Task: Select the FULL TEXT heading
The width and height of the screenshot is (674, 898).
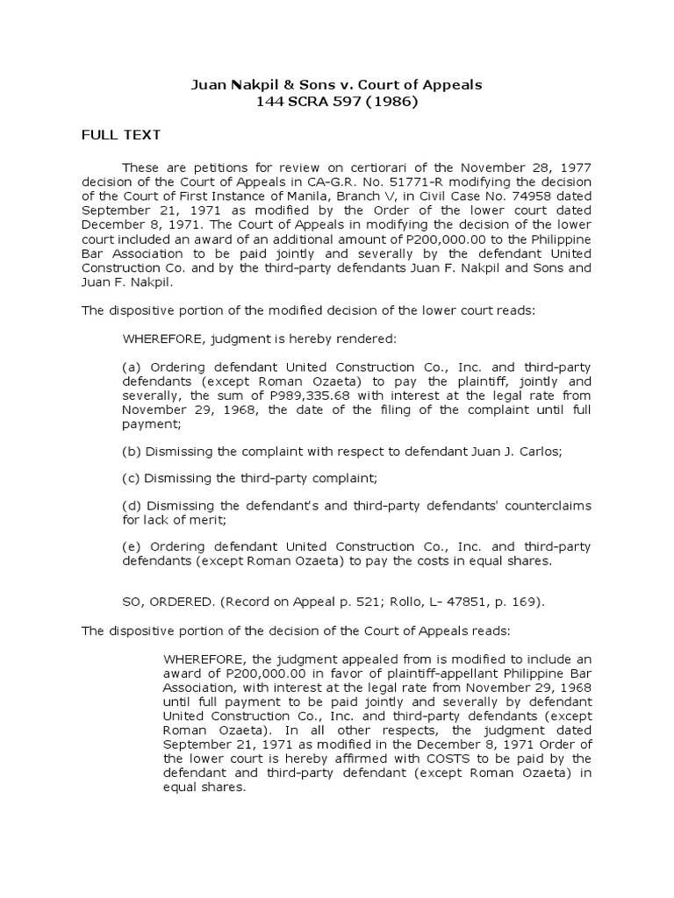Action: point(116,135)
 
